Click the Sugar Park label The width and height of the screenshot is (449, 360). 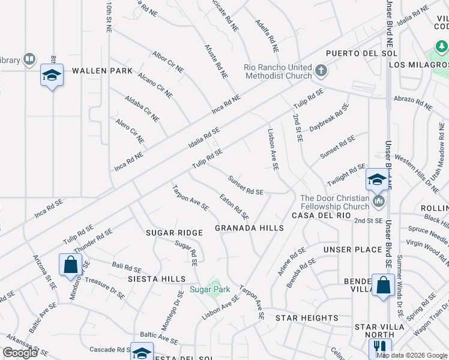pyautogui.click(x=210, y=289)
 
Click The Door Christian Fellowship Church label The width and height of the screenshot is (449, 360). pyautogui.click(x=334, y=202)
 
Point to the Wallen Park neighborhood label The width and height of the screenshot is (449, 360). pyautogui.click(x=102, y=71)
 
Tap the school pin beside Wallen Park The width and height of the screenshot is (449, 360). pyautogui.click(x=52, y=76)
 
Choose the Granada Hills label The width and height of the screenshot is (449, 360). pyautogui.click(x=249, y=228)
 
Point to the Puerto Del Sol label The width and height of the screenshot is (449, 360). pyautogui.click(x=349, y=53)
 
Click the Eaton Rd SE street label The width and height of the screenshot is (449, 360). pyautogui.click(x=234, y=205)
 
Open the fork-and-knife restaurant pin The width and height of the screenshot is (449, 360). pyautogui.click(x=379, y=347)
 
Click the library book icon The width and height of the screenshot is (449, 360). pyautogui.click(x=29, y=59)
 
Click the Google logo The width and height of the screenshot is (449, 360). pyautogui.click(x=20, y=353)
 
